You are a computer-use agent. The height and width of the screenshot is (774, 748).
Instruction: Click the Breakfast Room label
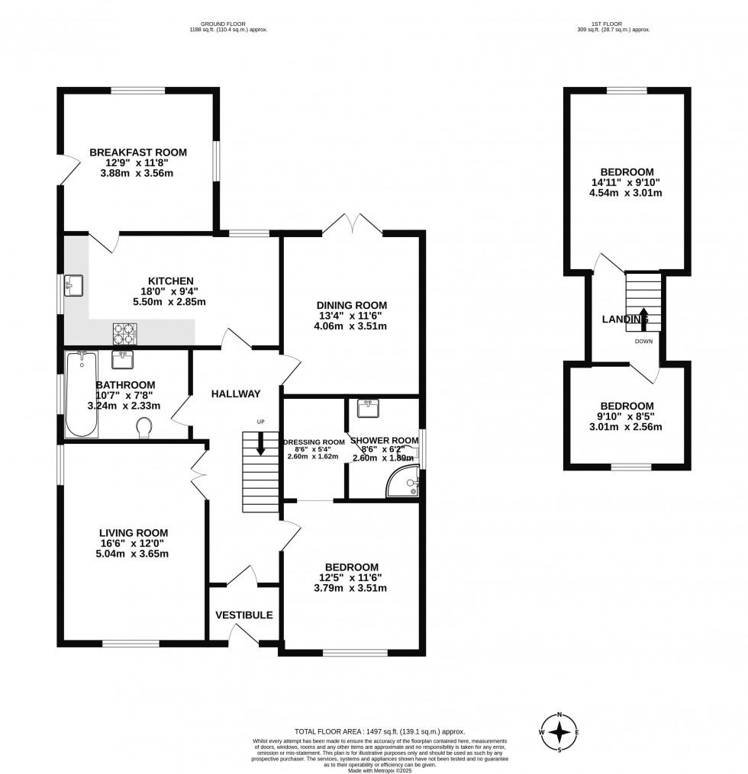click(x=137, y=153)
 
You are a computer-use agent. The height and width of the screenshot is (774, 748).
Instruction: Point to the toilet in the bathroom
click(x=143, y=429)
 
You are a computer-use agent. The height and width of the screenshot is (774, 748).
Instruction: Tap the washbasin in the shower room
click(x=369, y=409)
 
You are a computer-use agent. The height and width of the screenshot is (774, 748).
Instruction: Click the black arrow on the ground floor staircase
click(x=261, y=444)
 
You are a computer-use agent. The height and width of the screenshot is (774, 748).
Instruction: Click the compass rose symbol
click(x=559, y=732)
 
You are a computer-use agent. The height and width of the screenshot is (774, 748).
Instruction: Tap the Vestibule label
click(x=243, y=615)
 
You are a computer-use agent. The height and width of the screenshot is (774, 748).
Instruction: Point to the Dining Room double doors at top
click(x=350, y=223)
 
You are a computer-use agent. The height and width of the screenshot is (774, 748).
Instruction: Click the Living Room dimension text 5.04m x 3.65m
click(x=133, y=554)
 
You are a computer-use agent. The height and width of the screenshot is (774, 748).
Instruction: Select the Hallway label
click(x=236, y=394)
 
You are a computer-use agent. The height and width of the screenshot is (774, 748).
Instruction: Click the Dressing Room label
click(x=314, y=442)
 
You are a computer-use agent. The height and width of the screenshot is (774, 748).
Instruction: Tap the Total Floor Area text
click(x=373, y=731)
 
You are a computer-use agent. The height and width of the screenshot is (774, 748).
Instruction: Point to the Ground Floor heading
click(x=228, y=24)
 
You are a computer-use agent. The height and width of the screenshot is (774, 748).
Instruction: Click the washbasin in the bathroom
click(x=123, y=359)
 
